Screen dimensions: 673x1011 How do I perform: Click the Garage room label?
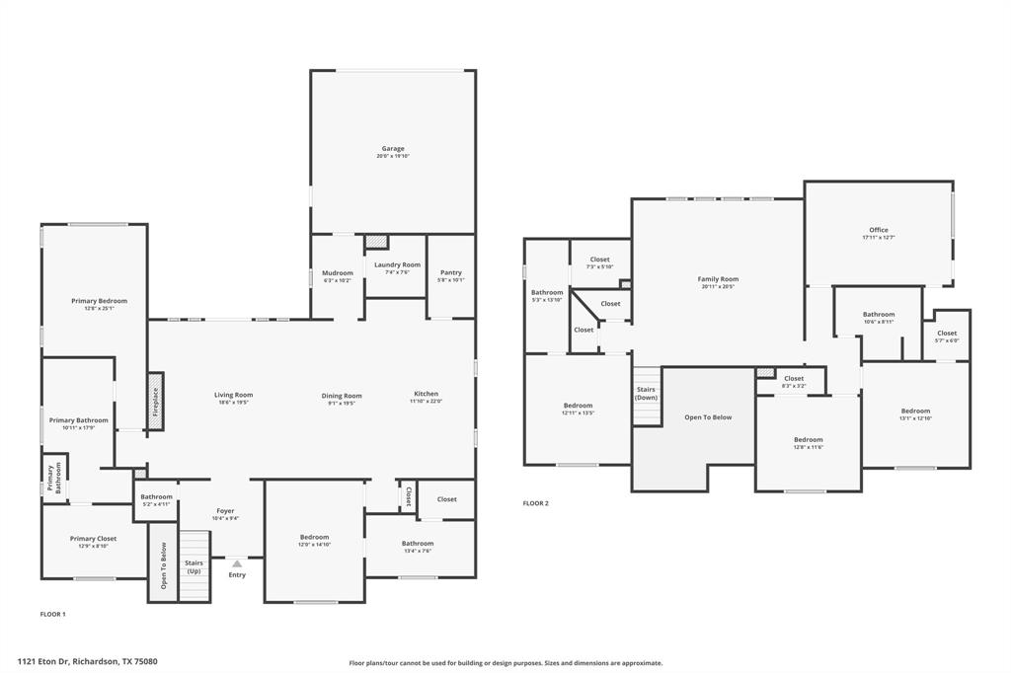393,148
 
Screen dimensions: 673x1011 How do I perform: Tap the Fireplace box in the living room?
156,402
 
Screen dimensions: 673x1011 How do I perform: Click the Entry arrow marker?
237,563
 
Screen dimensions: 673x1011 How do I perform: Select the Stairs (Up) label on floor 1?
194,566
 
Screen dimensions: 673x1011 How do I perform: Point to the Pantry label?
451,272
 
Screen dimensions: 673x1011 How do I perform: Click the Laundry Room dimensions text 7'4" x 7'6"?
396,272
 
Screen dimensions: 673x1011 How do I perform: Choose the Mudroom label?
337,272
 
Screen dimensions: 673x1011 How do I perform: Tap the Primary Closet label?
94,538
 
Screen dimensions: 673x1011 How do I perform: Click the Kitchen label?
426,394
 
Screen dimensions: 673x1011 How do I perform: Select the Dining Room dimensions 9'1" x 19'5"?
342,403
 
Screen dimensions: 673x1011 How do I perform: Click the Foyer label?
225,510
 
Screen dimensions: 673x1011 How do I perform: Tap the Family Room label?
718,279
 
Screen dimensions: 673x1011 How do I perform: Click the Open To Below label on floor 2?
708,417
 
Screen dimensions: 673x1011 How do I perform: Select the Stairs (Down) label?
646,393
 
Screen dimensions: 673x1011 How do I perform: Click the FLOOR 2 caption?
535,503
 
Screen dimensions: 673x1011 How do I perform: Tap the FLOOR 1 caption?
52,614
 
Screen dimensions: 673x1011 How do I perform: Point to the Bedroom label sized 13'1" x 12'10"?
915,411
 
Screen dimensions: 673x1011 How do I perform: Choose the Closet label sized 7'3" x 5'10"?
599,260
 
